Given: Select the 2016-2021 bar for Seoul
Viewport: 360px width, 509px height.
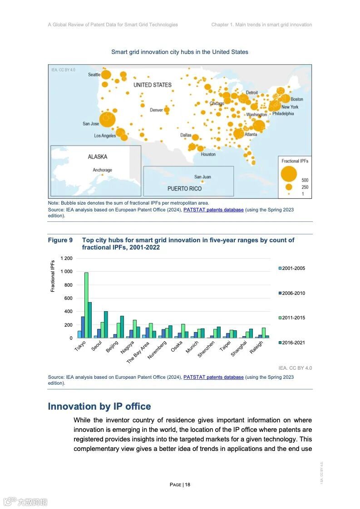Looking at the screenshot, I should click(x=106, y=324).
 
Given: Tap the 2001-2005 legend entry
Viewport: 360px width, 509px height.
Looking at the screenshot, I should click(x=291, y=269).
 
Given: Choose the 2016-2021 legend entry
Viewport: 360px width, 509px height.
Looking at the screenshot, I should click(x=291, y=343).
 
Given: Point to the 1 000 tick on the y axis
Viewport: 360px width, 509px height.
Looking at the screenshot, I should click(x=66, y=272).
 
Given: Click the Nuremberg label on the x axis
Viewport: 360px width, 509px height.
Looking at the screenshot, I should click(x=157, y=350).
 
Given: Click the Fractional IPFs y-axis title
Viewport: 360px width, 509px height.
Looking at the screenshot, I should click(x=53, y=276).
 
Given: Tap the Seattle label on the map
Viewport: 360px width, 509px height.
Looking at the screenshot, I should click(x=94, y=75).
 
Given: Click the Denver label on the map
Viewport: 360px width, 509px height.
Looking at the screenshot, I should click(x=156, y=110).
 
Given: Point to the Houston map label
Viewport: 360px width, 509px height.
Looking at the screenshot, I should click(x=208, y=154).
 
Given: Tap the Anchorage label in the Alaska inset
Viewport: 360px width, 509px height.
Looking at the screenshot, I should click(x=102, y=170).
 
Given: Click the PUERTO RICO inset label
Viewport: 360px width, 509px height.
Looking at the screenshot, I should click(x=184, y=188).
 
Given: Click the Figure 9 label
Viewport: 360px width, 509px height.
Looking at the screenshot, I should click(x=60, y=240).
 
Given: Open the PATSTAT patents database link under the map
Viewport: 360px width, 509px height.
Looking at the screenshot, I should click(x=213, y=210).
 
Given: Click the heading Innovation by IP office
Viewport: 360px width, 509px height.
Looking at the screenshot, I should click(x=99, y=406).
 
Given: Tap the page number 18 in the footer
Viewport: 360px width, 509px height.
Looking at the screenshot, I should click(x=187, y=485).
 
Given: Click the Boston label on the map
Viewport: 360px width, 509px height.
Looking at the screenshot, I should click(x=297, y=99).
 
